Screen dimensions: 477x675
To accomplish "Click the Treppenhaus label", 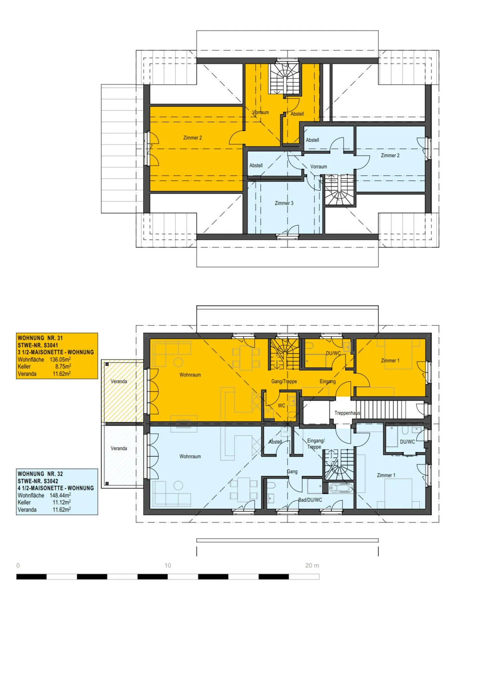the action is (347, 413).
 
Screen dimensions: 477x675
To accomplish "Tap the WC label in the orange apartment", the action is (282, 405).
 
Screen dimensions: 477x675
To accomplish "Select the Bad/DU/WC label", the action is (310, 500).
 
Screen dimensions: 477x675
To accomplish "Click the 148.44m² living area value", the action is (60, 495).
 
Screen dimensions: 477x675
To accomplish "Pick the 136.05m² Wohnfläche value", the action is (60, 359).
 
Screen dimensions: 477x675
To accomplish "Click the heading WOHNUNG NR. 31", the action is (40, 338).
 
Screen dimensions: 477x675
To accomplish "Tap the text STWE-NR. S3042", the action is (38, 481).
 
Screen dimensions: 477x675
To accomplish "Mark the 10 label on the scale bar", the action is (168, 565).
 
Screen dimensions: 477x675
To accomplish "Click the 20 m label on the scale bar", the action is (312, 565).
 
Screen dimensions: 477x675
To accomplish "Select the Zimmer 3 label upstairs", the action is (284, 203).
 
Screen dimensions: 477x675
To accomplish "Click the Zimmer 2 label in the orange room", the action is (192, 138).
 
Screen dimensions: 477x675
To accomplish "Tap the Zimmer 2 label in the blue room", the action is (390, 155).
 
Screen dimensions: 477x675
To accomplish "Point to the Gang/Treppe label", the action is (284, 381).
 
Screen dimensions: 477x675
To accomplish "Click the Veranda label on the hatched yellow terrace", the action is (119, 381).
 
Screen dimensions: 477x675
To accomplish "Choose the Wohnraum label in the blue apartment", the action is (190, 456).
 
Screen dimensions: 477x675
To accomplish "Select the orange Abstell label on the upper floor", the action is (297, 114).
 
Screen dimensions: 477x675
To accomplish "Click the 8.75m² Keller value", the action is (63, 366).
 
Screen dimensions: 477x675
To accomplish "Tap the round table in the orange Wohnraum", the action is (178, 362).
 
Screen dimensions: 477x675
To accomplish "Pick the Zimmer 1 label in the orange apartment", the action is (390, 361).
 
